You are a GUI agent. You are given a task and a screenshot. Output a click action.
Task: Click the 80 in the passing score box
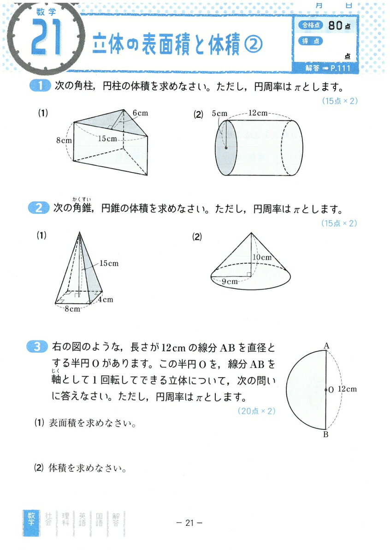click(x=336, y=26)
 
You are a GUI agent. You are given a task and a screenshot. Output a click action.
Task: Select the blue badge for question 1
click(x=39, y=87)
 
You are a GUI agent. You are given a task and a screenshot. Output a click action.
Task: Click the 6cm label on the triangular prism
click(x=140, y=113)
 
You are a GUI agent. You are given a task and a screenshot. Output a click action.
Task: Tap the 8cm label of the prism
click(x=64, y=140)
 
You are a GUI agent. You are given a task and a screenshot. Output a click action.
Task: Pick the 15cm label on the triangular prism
click(x=107, y=138)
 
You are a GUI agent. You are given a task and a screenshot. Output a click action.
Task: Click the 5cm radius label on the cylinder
click(x=220, y=113)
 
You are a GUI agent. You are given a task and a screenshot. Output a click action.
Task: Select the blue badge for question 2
click(x=39, y=210)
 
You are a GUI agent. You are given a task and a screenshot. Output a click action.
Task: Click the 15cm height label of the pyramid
click(x=109, y=264)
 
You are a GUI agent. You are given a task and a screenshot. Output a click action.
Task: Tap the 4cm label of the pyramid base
click(x=106, y=300)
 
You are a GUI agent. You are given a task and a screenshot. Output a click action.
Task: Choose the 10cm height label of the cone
click(x=262, y=257)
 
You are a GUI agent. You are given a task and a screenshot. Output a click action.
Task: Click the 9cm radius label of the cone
click(x=229, y=281)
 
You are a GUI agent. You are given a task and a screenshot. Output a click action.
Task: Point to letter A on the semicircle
click(x=326, y=345)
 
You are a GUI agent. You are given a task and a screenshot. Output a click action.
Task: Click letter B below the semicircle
click(x=326, y=434)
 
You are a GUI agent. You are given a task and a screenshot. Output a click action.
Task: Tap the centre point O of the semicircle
click(x=326, y=390)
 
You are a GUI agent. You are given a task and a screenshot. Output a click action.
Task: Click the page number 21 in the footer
click(x=190, y=523)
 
